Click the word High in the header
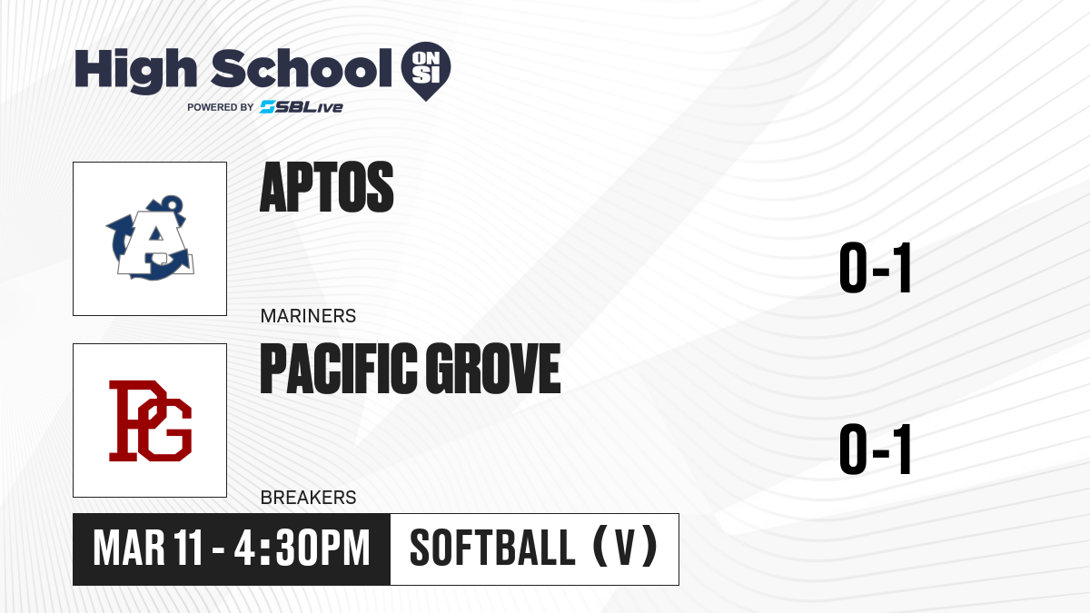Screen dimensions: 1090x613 (135, 71)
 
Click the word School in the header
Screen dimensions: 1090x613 (302, 69)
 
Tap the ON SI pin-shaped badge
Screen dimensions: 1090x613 (426, 71)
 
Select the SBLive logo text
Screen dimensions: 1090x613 (302, 106)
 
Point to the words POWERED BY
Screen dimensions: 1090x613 (221, 107)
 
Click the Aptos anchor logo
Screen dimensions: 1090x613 (150, 238)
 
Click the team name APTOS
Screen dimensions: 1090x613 (326, 187)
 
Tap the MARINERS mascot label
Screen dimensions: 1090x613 (308, 316)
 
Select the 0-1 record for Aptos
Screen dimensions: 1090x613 (876, 268)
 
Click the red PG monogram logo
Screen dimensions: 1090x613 (151, 420)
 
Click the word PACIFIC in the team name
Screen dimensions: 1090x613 (339, 369)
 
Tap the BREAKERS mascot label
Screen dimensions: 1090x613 (308, 498)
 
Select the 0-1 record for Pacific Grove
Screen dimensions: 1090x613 (876, 449)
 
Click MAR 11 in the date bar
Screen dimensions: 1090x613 (148, 549)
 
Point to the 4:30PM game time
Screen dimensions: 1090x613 (302, 549)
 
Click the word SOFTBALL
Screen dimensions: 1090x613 (493, 548)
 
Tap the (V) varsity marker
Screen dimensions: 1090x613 (625, 547)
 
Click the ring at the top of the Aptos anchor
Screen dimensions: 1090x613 (172, 203)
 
